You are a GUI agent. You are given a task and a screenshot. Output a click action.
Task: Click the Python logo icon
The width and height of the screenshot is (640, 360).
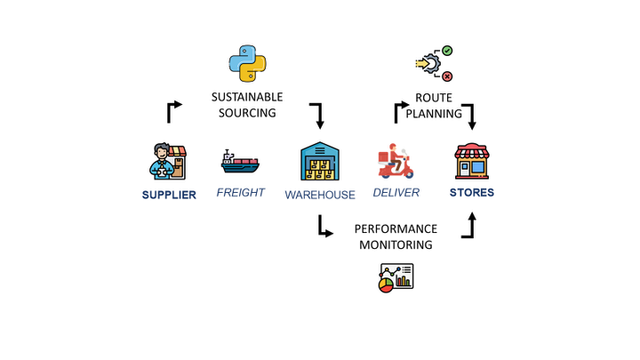click(x=248, y=64)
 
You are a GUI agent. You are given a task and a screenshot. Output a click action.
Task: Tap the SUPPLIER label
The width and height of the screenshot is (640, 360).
click(x=169, y=195)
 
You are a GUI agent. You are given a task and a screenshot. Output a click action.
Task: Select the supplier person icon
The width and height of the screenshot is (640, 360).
click(x=168, y=162)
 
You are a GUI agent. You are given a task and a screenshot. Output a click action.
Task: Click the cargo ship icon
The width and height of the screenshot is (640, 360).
click(x=240, y=162)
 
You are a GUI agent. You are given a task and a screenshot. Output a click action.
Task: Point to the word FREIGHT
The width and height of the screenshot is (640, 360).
click(x=240, y=192)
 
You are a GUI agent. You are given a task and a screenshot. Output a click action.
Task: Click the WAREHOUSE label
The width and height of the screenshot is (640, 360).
click(x=320, y=195)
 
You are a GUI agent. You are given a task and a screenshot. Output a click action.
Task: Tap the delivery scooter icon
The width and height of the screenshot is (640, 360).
click(x=396, y=163)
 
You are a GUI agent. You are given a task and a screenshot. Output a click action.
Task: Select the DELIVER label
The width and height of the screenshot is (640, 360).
click(x=396, y=192)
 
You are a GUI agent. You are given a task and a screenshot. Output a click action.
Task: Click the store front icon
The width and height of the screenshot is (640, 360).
click(x=471, y=162)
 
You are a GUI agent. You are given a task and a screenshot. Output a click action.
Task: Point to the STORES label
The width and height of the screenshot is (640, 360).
click(x=472, y=192)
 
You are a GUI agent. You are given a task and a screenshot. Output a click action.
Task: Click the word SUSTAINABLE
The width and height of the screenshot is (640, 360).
click(x=247, y=96)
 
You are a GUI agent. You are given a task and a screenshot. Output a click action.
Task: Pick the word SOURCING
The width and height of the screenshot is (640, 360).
click(x=247, y=113)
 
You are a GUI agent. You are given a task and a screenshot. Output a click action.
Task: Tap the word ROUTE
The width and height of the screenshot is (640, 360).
click(x=434, y=97)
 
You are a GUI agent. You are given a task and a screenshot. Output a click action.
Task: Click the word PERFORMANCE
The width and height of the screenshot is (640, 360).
click(x=396, y=228)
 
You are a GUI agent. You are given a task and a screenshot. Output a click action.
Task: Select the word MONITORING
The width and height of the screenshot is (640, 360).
click(x=396, y=244)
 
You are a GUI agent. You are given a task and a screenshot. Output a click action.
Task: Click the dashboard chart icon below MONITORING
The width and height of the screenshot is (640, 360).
click(x=396, y=277)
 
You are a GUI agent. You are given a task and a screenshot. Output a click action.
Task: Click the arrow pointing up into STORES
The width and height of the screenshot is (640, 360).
click(x=469, y=226)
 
